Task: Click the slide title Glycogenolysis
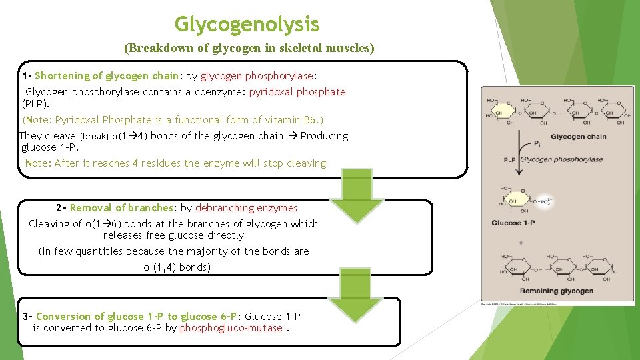click(x=247, y=25)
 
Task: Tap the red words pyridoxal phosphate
click(x=297, y=91)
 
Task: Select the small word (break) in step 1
click(x=94, y=136)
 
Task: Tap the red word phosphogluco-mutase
click(x=231, y=328)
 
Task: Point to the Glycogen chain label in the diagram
click(x=578, y=137)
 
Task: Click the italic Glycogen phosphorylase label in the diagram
click(x=561, y=159)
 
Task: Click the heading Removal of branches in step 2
click(x=121, y=208)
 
